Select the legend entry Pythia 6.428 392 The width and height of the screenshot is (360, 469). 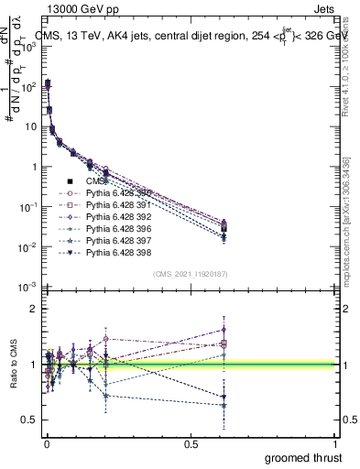click(x=115, y=217)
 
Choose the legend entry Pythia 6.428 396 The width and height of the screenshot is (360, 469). click(x=115, y=229)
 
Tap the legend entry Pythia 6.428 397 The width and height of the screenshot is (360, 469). click(x=115, y=241)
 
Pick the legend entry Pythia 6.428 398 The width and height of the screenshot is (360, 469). click(x=115, y=253)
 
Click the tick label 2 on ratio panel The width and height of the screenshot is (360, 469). click(x=33, y=309)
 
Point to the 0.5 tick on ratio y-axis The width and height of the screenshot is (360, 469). click(x=28, y=420)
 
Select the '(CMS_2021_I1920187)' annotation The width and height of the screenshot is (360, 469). click(x=191, y=274)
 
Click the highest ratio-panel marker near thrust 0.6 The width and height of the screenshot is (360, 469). click(x=224, y=329)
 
